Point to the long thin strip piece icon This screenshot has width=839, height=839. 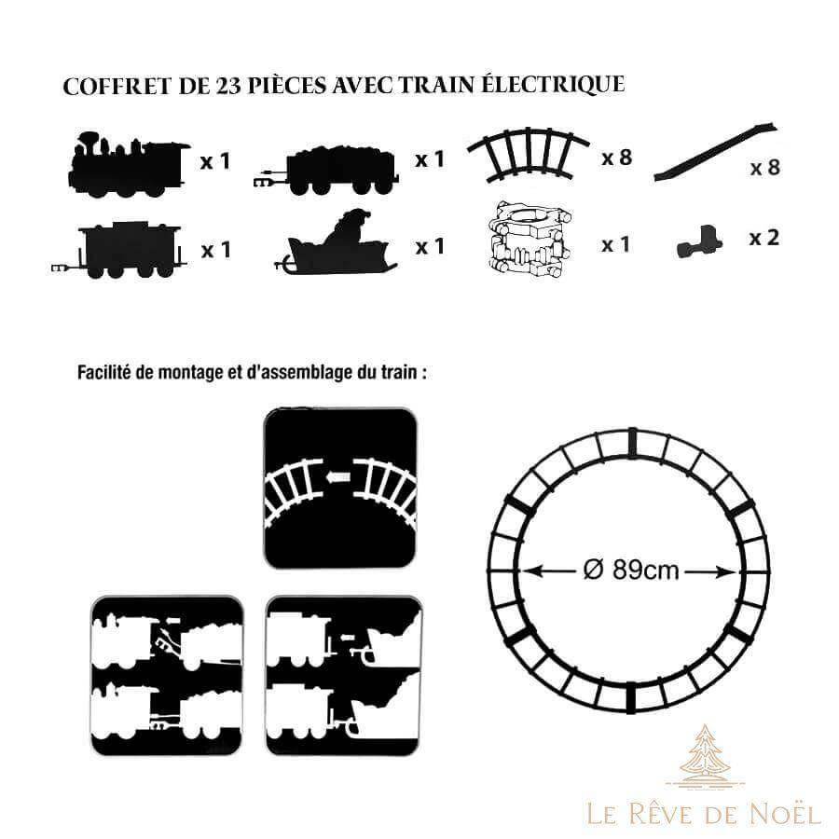(x=716, y=151)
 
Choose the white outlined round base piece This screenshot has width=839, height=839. (x=530, y=240)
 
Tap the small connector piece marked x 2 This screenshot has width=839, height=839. (x=699, y=241)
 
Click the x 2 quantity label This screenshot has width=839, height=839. (x=764, y=238)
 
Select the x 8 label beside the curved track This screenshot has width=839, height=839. (x=617, y=158)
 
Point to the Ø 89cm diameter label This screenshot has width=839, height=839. (x=630, y=570)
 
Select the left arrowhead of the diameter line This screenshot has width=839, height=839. (x=528, y=572)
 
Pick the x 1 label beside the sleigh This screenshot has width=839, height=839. (x=430, y=246)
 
